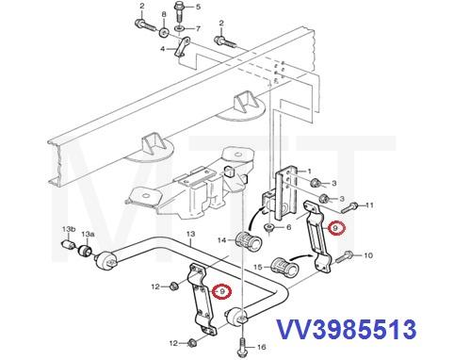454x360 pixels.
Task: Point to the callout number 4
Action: tap(162, 48)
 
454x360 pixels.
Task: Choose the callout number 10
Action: tap(368, 254)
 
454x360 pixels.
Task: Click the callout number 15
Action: tap(256, 267)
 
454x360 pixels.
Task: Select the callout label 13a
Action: tap(87, 233)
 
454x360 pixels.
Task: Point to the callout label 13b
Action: tap(68, 229)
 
